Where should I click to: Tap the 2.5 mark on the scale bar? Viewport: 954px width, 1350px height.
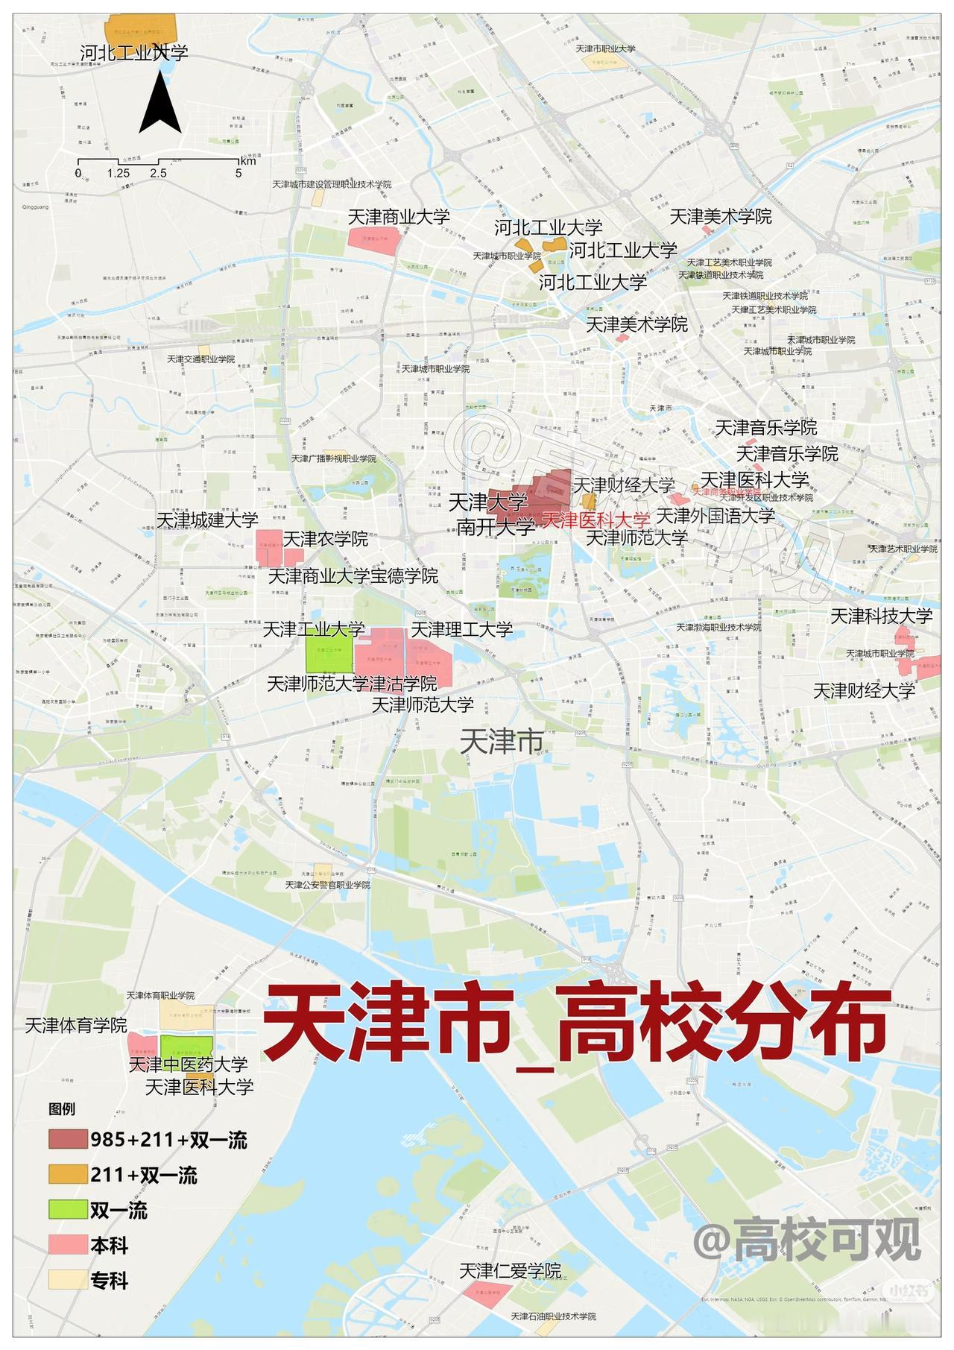click(158, 173)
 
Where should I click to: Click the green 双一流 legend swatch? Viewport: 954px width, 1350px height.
click(68, 1210)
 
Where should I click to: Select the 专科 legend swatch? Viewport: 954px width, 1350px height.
click(68, 1280)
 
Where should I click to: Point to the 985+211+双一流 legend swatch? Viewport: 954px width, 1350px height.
click(68, 1140)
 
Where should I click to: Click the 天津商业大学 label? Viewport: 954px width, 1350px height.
click(399, 217)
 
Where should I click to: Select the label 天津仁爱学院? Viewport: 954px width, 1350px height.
click(511, 1270)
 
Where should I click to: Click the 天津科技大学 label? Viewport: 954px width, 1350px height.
click(882, 616)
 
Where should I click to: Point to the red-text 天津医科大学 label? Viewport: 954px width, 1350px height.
click(596, 520)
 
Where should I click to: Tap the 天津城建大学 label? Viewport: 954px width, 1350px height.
click(207, 520)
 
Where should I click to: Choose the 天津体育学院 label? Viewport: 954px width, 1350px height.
click(76, 1026)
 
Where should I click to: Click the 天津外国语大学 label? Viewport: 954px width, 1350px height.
click(715, 516)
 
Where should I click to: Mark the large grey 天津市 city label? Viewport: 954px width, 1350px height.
click(501, 741)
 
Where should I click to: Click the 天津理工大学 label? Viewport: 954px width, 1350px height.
click(462, 630)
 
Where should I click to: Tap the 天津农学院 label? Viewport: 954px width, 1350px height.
click(326, 538)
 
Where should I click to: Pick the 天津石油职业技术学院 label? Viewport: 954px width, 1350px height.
click(554, 1316)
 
